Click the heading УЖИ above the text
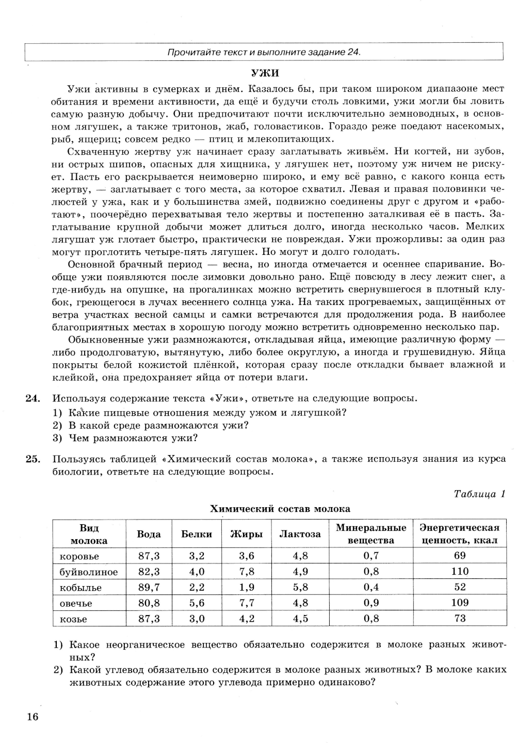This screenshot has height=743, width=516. tap(265, 73)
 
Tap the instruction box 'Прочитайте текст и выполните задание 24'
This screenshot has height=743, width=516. tap(264, 52)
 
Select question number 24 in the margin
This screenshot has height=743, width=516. tap(32, 398)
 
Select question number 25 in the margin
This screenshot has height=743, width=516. tap(32, 459)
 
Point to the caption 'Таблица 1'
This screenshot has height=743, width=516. tap(479, 494)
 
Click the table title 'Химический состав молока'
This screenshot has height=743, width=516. tap(280, 509)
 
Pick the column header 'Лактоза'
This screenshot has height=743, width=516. tap(300, 534)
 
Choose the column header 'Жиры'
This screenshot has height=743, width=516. tap(246, 534)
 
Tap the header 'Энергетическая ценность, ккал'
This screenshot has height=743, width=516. tap(459, 534)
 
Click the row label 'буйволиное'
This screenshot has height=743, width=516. tap(88, 572)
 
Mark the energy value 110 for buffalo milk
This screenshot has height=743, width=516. tap(459, 571)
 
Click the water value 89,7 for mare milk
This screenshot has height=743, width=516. tap(149, 587)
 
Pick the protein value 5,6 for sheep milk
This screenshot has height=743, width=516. tap(197, 603)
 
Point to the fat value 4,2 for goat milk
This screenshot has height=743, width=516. tap(247, 618)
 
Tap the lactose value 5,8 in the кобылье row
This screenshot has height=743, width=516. tap(300, 587)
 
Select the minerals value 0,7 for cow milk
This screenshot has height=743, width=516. tap(371, 556)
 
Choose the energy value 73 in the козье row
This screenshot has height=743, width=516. tap(460, 618)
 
